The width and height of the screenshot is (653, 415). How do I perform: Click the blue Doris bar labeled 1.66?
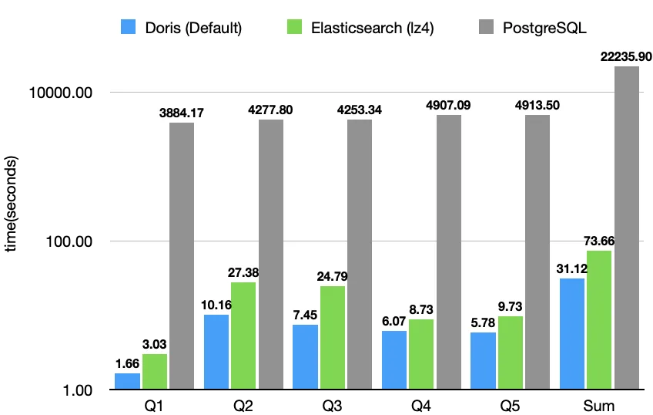[x=127, y=381]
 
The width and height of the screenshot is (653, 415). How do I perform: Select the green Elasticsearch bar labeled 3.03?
[x=155, y=371]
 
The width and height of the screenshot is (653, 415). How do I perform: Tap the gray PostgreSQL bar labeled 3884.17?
[x=182, y=255]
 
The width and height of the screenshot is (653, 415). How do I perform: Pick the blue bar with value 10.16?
[x=216, y=352]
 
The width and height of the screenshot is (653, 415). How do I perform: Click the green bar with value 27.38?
[x=243, y=336]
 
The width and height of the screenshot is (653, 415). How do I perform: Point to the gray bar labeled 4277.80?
[x=270, y=254]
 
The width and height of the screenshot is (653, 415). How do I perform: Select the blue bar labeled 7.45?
[x=305, y=356]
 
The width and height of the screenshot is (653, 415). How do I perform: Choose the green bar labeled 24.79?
[x=333, y=337]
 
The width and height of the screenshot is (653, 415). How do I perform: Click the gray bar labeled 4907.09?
[x=448, y=251]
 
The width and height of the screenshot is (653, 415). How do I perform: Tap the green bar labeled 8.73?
[x=421, y=353]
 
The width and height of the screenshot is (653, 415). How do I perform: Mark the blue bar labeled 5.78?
[x=483, y=360]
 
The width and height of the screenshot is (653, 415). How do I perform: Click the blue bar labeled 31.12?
[x=571, y=333]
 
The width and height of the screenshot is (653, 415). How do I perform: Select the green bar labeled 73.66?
[x=599, y=319]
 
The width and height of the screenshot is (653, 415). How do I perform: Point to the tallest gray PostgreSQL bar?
[x=626, y=228]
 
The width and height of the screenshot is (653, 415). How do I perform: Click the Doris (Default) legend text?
[x=193, y=29]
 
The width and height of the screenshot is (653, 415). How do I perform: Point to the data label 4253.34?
[x=359, y=110]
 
